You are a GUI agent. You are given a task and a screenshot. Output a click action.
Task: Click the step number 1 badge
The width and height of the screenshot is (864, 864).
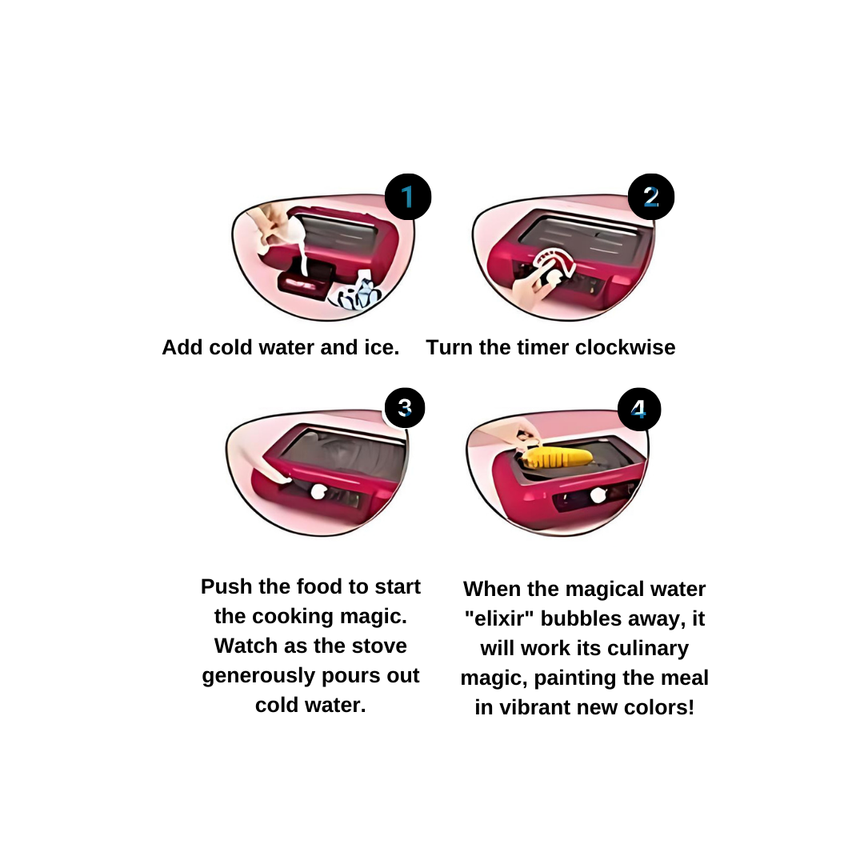(x=408, y=197)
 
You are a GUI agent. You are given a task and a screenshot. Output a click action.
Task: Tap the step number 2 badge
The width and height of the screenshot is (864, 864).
(x=650, y=197)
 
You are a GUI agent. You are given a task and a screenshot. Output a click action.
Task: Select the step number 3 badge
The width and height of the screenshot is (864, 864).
(x=405, y=408)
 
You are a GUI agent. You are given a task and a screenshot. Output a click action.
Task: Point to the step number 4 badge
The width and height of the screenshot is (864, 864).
(x=638, y=409)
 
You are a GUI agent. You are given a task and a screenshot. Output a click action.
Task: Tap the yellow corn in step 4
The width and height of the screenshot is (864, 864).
(x=557, y=458)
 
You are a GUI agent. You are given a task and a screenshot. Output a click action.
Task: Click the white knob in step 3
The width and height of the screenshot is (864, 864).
(x=318, y=491)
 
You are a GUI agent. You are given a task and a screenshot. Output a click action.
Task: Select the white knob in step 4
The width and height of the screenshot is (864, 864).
(x=598, y=495)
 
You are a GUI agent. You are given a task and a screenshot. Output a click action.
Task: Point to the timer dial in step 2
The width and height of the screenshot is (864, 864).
(x=553, y=266)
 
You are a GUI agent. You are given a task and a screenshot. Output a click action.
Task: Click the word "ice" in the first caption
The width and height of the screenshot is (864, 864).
(x=382, y=347)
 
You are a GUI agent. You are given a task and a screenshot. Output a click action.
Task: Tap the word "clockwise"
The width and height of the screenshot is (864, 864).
(x=625, y=347)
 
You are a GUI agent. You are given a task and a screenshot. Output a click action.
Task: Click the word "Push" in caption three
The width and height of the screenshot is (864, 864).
(x=226, y=586)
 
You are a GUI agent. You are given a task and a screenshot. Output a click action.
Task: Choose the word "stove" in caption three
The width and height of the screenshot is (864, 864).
(x=381, y=646)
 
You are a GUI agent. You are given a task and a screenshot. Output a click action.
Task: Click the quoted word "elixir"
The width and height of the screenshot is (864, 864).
(x=499, y=618)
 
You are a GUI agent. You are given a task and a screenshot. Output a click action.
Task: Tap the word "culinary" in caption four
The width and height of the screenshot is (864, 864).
(x=647, y=649)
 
